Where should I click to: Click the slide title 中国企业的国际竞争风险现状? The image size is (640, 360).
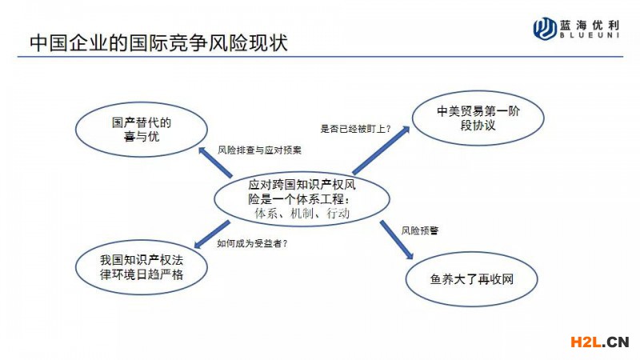158,43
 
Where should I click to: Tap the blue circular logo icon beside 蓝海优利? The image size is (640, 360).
545,28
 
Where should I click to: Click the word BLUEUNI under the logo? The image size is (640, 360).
590,35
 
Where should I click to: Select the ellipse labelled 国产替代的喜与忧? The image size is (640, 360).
142,130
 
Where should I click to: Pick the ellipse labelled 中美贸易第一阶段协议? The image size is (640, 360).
478,118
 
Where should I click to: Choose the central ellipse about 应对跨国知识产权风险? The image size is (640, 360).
302,198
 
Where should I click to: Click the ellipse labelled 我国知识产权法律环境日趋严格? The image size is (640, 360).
142,267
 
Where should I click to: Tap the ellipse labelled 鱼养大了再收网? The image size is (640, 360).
471,279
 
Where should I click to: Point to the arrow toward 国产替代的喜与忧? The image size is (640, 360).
215,162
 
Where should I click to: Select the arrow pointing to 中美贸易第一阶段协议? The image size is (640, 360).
382,150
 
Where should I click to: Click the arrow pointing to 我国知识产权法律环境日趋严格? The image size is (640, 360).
212,234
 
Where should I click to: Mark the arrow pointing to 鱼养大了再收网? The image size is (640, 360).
397,240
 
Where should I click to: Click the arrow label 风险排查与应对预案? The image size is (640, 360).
259,150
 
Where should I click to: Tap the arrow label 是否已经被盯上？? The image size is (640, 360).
355,129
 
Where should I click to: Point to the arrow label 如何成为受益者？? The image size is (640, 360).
252,244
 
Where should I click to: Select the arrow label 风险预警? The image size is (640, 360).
419,230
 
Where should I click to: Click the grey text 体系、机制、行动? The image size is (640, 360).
302,213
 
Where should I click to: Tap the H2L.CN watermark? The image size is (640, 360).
599,342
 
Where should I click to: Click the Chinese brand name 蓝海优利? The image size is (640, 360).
590,26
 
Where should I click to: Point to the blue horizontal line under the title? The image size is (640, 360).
321,56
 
